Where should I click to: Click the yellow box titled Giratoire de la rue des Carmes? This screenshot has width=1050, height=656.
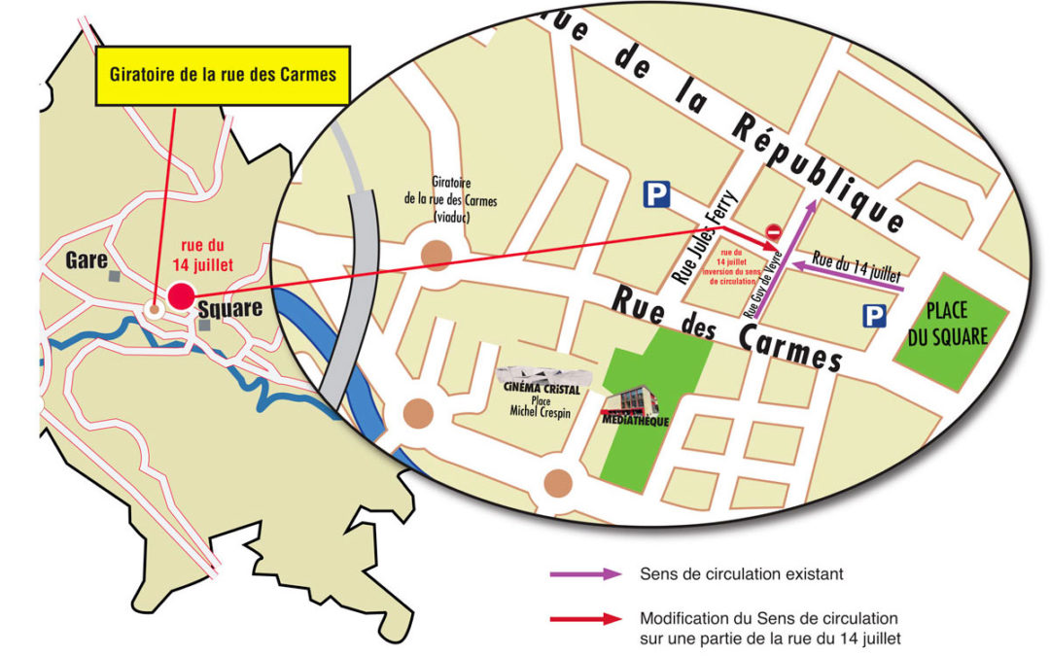(x=222, y=74)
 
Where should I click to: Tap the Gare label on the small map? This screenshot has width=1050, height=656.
(x=87, y=260)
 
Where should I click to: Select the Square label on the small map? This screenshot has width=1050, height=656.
(x=229, y=309)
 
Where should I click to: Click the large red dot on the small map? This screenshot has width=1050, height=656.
(x=180, y=295)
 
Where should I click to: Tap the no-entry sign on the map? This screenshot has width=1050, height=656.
(x=774, y=232)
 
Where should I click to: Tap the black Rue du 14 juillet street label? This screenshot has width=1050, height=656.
(x=856, y=265)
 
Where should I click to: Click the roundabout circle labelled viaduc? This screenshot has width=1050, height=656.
(x=437, y=256)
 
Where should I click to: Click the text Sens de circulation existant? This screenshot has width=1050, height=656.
(x=741, y=574)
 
